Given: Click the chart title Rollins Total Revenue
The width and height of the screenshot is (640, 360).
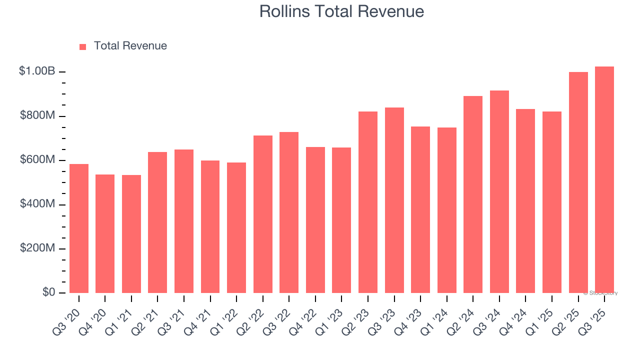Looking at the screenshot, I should point(341,11).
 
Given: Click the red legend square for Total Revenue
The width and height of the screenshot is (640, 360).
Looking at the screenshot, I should point(83,46).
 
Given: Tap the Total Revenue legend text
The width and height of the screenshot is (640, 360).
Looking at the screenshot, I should point(130,46).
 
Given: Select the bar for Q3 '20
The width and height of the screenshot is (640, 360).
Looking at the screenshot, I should point(79,228).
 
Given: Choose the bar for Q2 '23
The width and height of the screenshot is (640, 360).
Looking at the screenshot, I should point(368,202).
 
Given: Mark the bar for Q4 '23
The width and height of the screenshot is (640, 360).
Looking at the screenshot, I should point(420,209).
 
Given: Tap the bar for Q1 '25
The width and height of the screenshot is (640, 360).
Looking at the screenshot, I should point(552,202).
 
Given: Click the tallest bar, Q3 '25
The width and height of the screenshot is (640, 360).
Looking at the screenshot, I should point(604,179).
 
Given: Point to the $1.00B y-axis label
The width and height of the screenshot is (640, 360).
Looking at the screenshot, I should point(37,71).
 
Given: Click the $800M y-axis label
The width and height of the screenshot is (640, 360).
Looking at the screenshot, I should point(37,115).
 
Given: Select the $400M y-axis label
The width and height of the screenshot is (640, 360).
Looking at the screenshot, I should point(37,204).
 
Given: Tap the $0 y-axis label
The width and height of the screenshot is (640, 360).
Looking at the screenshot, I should point(48,292).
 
